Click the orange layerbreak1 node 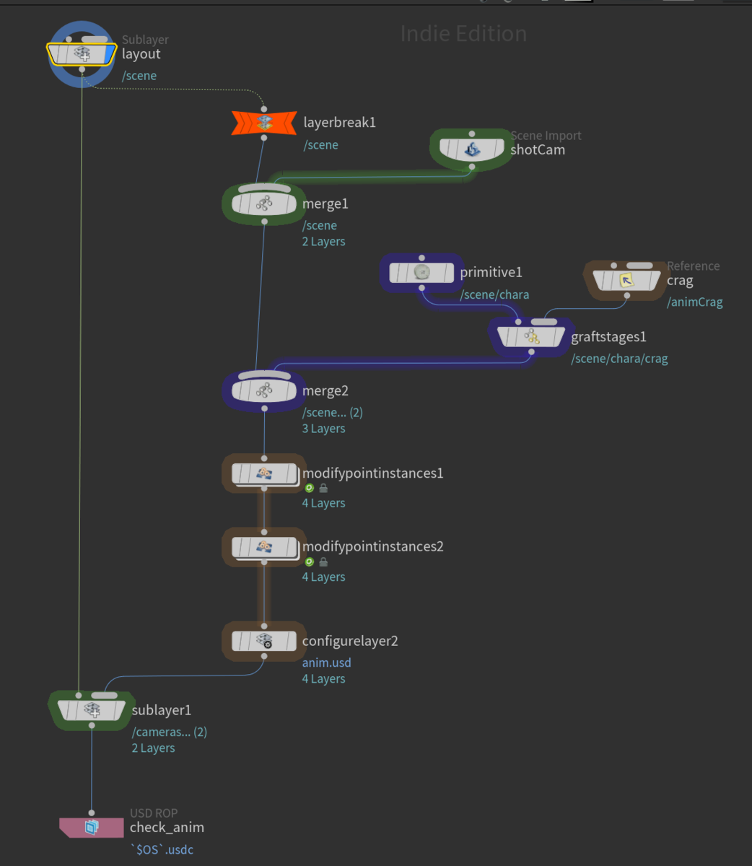click(264, 123)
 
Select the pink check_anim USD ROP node click(92, 827)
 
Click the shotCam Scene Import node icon click(472, 149)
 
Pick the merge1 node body click(264, 204)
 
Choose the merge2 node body click(264, 390)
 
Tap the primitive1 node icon click(421, 272)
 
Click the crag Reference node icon click(626, 280)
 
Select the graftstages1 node click(531, 337)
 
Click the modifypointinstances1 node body click(264, 473)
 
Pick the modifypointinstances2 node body click(264, 547)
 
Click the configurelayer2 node click(264, 641)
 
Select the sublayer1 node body click(92, 710)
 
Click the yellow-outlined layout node click(82, 54)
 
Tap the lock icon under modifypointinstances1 click(323, 488)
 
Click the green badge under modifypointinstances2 click(310, 561)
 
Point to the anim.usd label click(326, 662)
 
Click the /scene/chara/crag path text click(619, 359)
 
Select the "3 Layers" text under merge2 click(323, 429)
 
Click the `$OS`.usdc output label click(162, 849)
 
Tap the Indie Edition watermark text click(463, 33)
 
